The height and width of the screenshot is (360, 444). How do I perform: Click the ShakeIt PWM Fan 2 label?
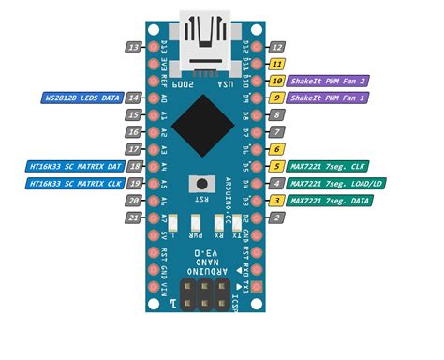click(328, 81)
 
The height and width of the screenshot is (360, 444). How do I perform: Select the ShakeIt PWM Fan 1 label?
click(328, 97)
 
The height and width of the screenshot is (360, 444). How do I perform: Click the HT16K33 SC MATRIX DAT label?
click(73, 166)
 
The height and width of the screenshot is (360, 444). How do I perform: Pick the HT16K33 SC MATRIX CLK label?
click(73, 183)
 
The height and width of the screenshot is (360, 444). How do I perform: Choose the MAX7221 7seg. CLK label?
click(328, 166)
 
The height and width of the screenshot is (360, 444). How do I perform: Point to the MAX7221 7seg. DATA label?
click(330, 201)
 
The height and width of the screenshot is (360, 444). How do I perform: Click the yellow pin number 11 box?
click(277, 64)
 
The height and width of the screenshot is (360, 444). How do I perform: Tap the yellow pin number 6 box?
click(277, 149)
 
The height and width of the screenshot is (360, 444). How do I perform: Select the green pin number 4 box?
click(277, 183)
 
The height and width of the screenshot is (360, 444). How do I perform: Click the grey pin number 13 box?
click(134, 47)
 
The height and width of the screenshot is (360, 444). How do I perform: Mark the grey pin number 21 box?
click(134, 217)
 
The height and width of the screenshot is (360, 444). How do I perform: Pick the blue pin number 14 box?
click(134, 97)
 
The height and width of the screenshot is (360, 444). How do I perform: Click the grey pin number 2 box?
click(277, 217)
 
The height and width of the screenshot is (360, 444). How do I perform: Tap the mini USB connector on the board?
click(205, 42)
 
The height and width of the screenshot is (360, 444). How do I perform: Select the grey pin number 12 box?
click(277, 47)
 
